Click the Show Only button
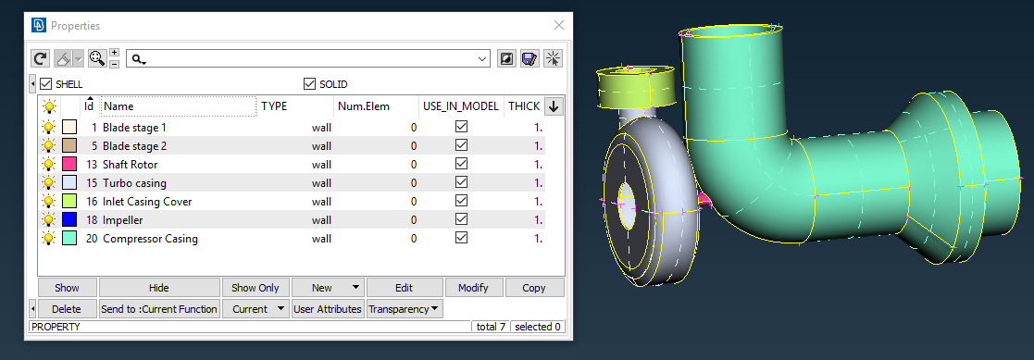click(x=256, y=288)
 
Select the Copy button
click(x=534, y=288)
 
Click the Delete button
click(x=67, y=309)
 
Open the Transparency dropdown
click(x=405, y=309)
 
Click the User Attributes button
click(x=328, y=309)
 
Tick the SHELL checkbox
click(x=45, y=84)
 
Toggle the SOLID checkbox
click(x=310, y=84)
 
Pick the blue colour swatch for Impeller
click(x=69, y=219)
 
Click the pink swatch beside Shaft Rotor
click(x=69, y=164)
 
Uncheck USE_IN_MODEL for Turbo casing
click(x=461, y=182)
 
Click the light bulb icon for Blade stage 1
click(x=49, y=127)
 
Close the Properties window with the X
click(x=558, y=26)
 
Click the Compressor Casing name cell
click(x=150, y=238)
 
